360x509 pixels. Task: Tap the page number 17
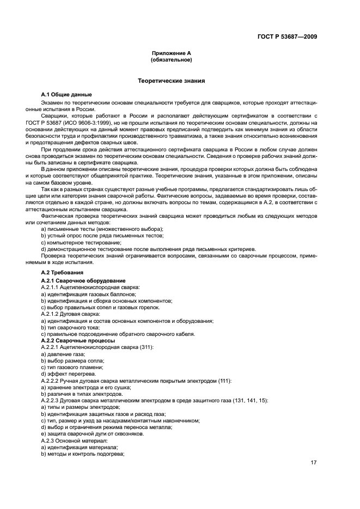tap(314, 463)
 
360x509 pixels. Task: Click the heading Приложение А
tap(171, 54)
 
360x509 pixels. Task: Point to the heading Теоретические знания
tap(171, 81)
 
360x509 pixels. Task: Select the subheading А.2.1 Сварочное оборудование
tap(83, 280)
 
